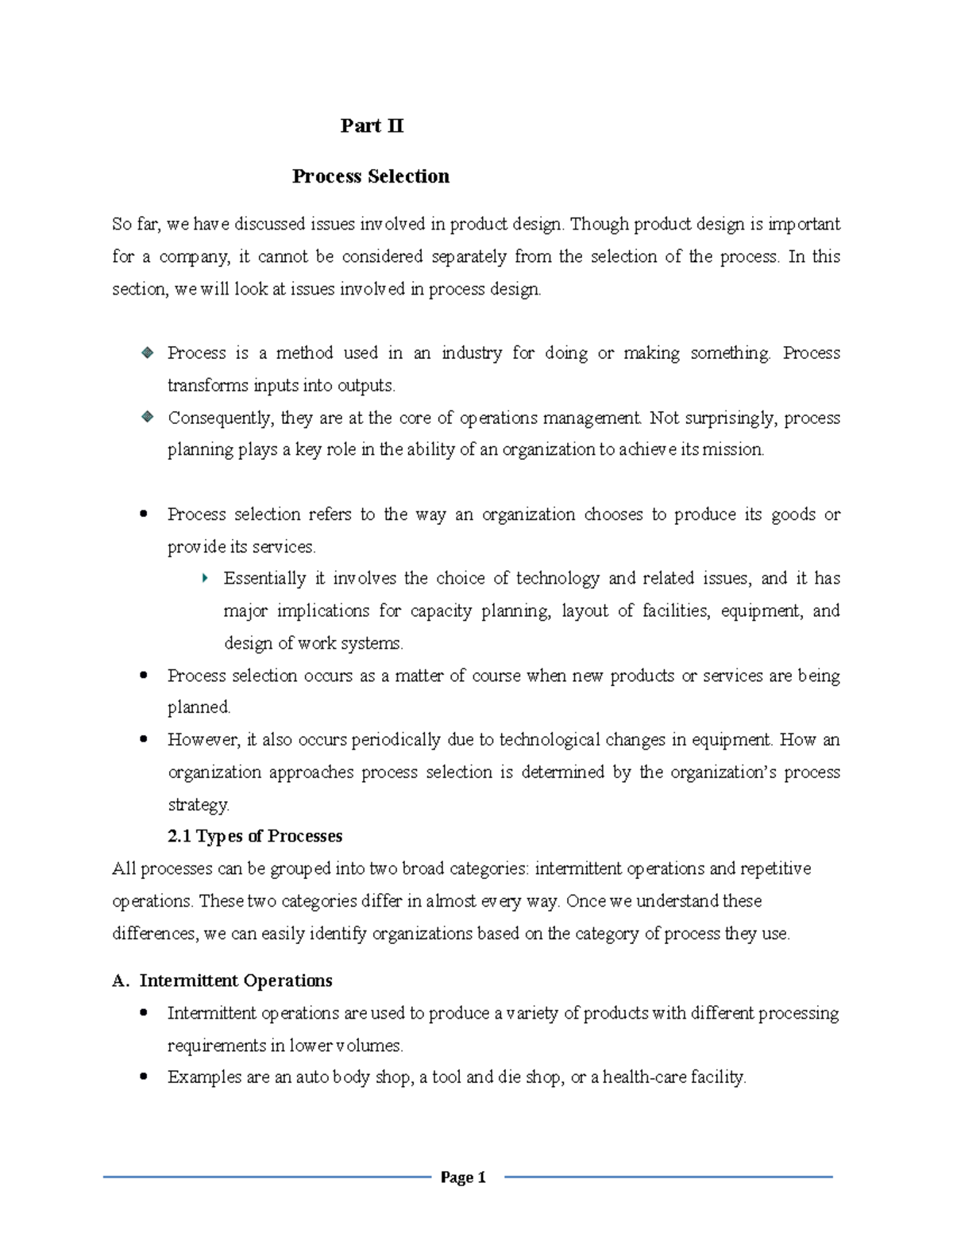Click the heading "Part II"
pyautogui.click(x=372, y=125)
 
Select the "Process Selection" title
pyautogui.click(x=370, y=176)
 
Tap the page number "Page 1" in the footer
pyautogui.click(x=463, y=1177)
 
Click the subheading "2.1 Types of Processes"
pyautogui.click(x=255, y=836)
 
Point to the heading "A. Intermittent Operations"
pyautogui.click(x=222, y=981)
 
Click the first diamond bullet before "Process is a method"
pyautogui.click(x=147, y=353)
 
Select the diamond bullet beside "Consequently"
pyautogui.click(x=147, y=417)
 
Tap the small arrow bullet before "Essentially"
pyautogui.click(x=206, y=578)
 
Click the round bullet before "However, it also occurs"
pyautogui.click(x=144, y=739)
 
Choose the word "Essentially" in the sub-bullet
pyautogui.click(x=264, y=578)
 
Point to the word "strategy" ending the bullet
pyautogui.click(x=198, y=804)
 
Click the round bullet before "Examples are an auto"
pyautogui.click(x=144, y=1077)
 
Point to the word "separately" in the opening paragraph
pyautogui.click(x=469, y=256)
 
